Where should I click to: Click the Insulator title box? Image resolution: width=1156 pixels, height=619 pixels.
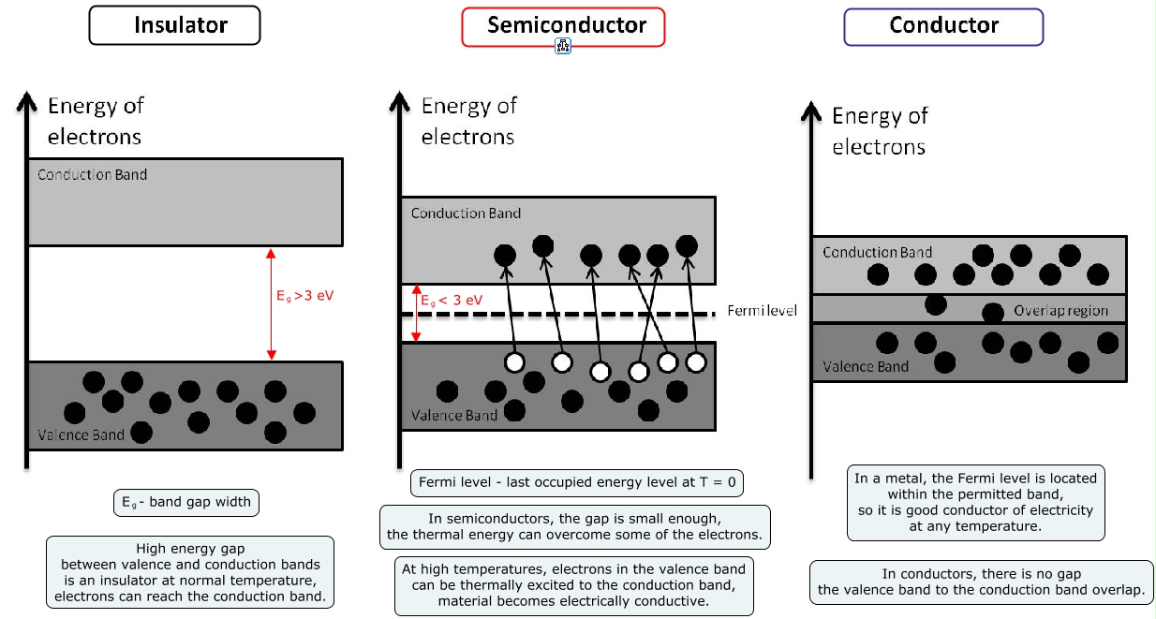174,25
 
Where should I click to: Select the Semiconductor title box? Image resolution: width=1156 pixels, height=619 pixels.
563,26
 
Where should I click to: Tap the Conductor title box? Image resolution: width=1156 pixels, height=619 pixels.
943,26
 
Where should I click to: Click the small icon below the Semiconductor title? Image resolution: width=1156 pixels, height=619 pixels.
563,46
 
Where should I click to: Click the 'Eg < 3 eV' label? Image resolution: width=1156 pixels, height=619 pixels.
452,301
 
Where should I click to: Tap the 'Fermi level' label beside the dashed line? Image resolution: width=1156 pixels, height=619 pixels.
762,310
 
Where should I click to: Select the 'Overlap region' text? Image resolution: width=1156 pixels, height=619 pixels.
1060,311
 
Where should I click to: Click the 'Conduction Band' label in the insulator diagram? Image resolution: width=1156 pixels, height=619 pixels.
92,175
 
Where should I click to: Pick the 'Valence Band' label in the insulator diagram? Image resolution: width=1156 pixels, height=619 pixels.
81,435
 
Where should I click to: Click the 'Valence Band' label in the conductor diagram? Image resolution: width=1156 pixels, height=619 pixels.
866,366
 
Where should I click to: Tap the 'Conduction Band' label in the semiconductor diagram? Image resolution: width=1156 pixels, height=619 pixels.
466,214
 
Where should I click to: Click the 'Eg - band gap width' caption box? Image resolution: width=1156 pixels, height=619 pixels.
185,502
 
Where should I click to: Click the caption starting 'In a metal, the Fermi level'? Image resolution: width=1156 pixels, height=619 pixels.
975,502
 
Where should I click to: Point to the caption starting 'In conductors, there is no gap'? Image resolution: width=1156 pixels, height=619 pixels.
981,582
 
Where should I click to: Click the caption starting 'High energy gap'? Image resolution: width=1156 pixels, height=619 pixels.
190,572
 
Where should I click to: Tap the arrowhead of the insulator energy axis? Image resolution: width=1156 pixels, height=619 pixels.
26,96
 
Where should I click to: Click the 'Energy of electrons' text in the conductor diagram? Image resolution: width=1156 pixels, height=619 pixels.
880,131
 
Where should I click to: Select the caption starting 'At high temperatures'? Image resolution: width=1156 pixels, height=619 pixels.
573,585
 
